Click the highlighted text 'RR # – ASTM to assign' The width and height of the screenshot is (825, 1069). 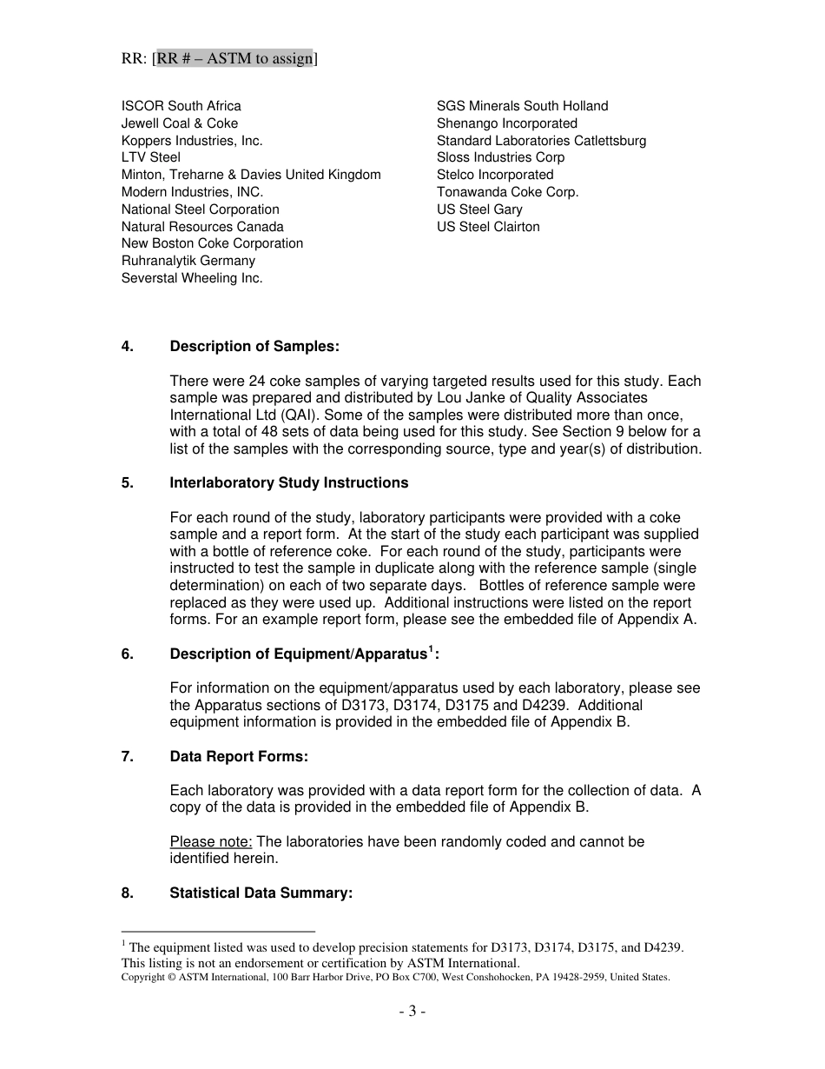pos(234,59)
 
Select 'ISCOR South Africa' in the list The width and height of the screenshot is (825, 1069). pos(181,106)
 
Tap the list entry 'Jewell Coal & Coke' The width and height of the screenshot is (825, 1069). pos(180,123)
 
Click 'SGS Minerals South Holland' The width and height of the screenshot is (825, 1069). pos(522,106)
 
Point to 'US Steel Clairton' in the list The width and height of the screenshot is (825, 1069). pos(488,227)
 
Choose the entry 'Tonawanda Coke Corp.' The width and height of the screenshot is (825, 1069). pos(507,192)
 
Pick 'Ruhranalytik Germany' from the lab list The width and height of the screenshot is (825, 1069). pos(188,261)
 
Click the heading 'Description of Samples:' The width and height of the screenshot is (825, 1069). pos(254,347)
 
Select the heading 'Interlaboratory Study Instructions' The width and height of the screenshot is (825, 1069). pos(289,483)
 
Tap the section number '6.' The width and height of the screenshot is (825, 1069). pos(128,654)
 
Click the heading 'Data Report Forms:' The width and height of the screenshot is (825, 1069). pos(239,757)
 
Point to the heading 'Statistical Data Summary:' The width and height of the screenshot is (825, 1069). pos(261,893)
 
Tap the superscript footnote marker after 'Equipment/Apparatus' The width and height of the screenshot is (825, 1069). pos(432,649)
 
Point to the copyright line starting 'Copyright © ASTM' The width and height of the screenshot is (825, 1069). pos(395,977)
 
